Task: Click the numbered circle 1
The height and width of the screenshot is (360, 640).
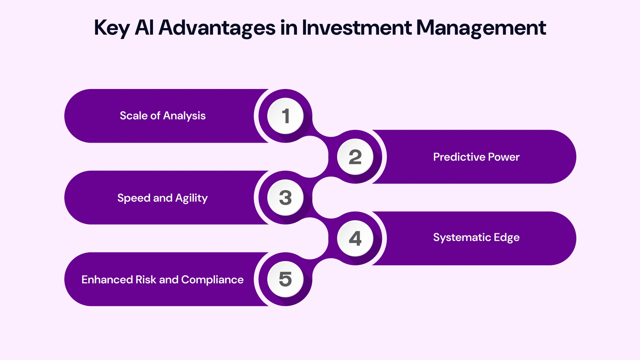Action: [x=285, y=116]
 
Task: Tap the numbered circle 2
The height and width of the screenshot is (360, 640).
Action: [x=355, y=157]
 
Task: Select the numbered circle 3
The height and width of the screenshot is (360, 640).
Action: [x=285, y=198]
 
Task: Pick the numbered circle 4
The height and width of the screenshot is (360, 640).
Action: [x=355, y=238]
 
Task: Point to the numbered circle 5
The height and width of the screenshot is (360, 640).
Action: [x=285, y=279]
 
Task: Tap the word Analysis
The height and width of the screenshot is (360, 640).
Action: [x=184, y=116]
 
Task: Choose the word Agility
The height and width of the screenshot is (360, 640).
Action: [x=191, y=198]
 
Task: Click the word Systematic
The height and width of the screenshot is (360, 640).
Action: [x=462, y=237]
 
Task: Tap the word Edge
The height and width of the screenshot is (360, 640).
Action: [x=506, y=238]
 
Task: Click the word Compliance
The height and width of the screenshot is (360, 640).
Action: [x=212, y=280]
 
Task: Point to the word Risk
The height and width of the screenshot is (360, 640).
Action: [x=146, y=280]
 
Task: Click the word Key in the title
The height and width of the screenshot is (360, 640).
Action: [x=111, y=28]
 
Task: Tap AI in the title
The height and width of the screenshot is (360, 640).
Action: [x=144, y=27]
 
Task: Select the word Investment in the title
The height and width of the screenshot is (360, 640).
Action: [x=357, y=27]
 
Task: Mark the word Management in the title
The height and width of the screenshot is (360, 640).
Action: [x=481, y=28]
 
